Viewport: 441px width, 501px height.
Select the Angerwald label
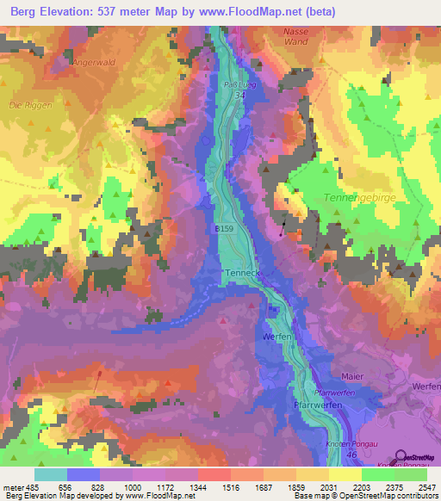[95, 62]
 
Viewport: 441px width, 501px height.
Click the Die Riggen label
[30, 105]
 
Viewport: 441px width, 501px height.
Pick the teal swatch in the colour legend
[51, 473]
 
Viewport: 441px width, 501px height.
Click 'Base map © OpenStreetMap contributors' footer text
[364, 497]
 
